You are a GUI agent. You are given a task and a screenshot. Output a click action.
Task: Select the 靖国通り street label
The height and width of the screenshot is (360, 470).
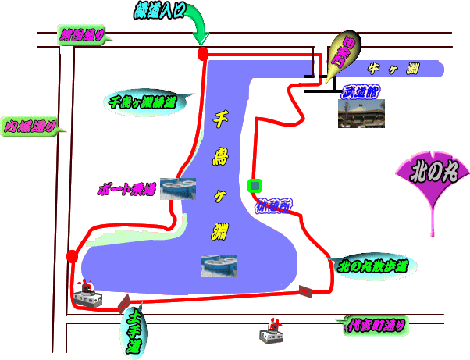(82, 34)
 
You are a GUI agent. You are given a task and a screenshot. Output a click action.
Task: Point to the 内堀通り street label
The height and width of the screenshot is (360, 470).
(30, 126)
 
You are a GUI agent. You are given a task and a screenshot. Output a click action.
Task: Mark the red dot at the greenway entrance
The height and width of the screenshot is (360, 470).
(203, 54)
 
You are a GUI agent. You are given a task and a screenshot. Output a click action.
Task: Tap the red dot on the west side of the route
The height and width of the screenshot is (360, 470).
(73, 256)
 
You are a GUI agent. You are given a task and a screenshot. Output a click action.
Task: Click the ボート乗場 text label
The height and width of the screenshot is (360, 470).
(126, 189)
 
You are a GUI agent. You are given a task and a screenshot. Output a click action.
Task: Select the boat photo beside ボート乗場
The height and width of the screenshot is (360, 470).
(177, 188)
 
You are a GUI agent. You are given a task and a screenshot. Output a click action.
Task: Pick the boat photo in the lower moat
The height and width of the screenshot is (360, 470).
(219, 266)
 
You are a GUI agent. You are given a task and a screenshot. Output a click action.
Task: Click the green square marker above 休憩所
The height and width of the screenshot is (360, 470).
(253, 186)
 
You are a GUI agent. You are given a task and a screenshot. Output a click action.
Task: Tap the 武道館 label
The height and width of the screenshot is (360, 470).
(359, 91)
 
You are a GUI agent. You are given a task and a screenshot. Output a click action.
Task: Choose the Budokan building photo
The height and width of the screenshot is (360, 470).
(361, 113)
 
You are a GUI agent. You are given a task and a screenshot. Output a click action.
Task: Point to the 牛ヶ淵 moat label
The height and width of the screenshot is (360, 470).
(393, 70)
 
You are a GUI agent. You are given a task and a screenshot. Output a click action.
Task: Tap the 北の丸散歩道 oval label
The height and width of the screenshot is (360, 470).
(372, 266)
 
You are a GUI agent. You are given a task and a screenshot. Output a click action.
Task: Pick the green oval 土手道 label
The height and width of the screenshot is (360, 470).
(134, 330)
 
